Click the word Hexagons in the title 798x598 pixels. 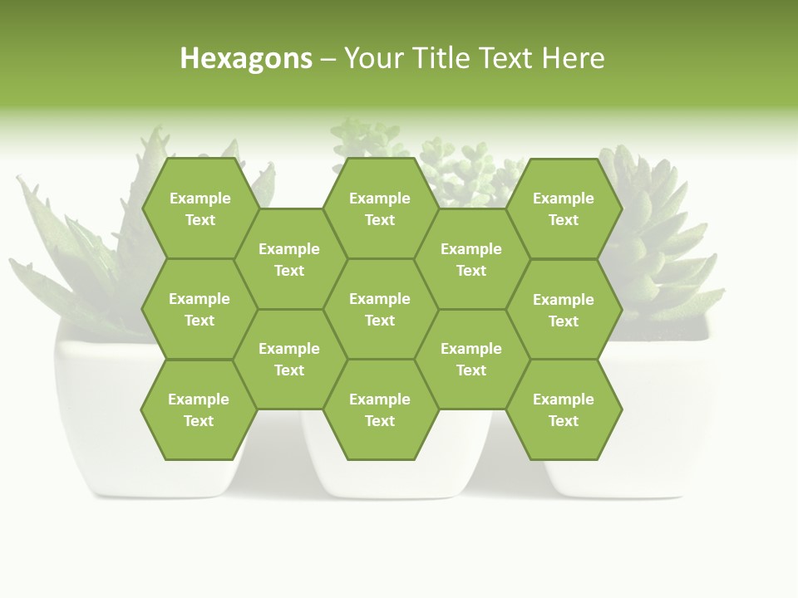tap(246, 58)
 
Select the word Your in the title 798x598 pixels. tap(371, 58)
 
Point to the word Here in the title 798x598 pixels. tap(573, 58)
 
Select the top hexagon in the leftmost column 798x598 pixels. tap(199, 208)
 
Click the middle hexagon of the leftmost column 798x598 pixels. tap(199, 309)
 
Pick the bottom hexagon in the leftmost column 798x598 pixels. tap(199, 409)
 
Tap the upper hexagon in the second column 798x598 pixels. tap(289, 259)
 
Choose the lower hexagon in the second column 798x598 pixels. tap(289, 359)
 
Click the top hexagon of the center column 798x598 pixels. tap(380, 208)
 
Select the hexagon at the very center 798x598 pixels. tap(380, 309)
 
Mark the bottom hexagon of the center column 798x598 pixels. tap(380, 409)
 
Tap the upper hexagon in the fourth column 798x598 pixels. tap(471, 259)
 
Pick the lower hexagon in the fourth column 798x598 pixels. tap(471, 359)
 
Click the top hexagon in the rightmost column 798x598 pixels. tap(564, 208)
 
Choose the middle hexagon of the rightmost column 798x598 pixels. tap(564, 310)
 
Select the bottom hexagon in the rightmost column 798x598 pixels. tap(564, 409)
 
